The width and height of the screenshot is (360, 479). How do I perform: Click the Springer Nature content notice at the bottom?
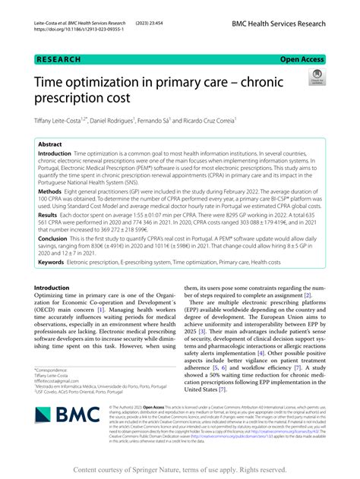pos(179,469)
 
